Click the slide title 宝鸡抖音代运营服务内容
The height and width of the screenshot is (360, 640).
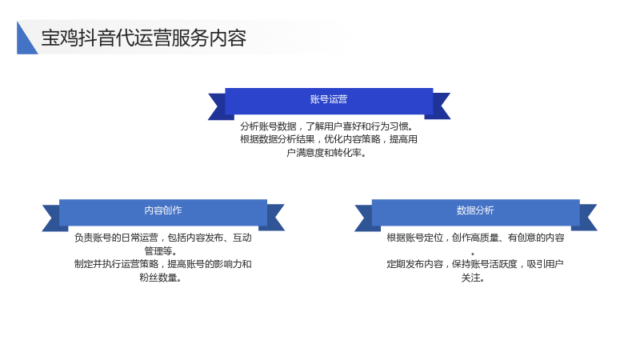[144, 38]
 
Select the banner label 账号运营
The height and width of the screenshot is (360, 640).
[329, 99]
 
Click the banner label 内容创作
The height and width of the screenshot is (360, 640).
[163, 210]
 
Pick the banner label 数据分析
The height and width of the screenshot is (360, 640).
[475, 210]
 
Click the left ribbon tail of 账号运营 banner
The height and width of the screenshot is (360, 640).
[218, 106]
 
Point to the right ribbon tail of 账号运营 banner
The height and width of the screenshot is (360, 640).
[439, 106]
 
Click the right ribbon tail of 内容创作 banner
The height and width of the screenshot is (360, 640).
[274, 218]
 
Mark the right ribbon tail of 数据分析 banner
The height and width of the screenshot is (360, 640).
[586, 218]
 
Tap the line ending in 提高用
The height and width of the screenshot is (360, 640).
[329, 139]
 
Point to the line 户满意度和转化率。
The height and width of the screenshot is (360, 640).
[327, 153]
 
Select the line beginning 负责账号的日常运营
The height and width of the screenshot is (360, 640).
[163, 238]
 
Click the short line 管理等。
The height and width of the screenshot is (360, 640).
[161, 250]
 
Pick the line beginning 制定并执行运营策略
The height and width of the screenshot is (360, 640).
[163, 264]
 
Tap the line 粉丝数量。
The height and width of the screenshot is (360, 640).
[161, 278]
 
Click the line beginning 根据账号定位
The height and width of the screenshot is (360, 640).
[475, 238]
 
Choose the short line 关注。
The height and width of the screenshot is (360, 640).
[474, 278]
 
